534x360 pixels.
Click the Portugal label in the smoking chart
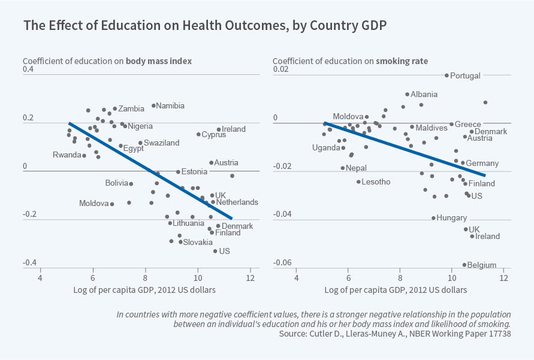click(465, 76)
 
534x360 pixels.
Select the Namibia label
click(170, 106)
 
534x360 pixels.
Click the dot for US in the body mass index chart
click(215, 251)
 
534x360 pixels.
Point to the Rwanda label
click(67, 155)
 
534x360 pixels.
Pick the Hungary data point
click(433, 218)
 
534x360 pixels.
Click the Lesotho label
click(376, 182)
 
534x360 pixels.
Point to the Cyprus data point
click(198, 134)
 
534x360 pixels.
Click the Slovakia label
click(198, 243)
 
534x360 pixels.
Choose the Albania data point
click(407, 94)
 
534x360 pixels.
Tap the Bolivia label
click(116, 183)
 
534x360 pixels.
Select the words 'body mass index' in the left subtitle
click(158, 61)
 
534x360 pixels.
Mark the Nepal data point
click(342, 168)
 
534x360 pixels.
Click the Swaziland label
click(162, 143)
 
